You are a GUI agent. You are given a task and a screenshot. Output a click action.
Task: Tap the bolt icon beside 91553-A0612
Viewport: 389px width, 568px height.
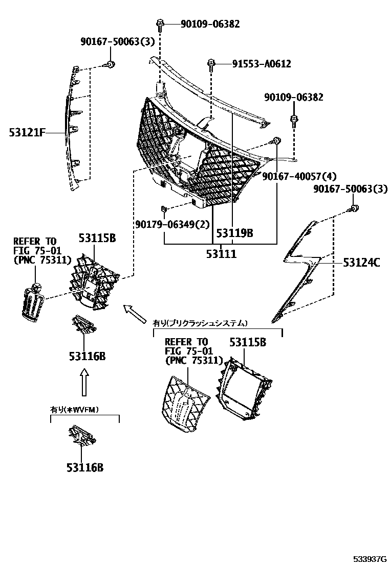pos(210,63)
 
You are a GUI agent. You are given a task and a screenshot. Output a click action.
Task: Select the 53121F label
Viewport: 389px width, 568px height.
pos(27,133)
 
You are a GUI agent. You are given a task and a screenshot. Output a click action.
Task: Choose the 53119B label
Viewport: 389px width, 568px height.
pos(234,233)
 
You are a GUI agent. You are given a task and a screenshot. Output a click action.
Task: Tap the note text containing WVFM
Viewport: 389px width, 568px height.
pos(74,409)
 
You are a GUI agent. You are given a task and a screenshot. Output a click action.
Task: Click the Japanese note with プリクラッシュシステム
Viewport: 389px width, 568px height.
pos(201,323)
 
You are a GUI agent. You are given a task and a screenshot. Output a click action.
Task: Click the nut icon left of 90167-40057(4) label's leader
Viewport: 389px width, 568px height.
pos(277,140)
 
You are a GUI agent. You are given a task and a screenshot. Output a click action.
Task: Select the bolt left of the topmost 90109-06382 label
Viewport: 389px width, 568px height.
pos(160,23)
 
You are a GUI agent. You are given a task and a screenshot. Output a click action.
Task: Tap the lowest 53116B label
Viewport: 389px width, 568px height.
pos(84,466)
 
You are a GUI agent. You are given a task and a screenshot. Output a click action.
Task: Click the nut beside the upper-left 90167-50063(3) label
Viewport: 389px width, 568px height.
pos(111,64)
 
